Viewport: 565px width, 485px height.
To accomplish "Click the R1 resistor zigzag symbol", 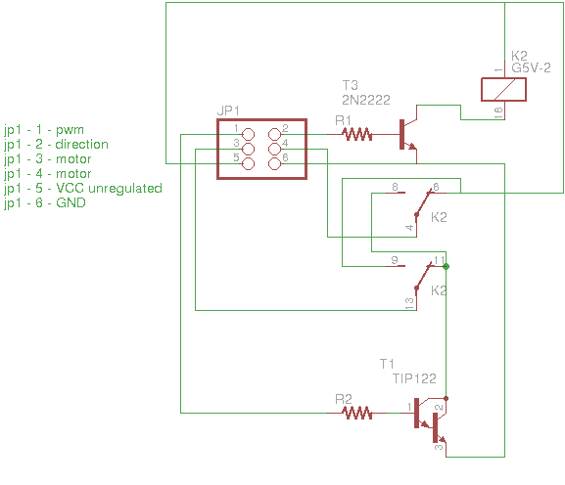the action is coord(356,135).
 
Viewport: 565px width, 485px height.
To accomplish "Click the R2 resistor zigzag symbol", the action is coord(356,413).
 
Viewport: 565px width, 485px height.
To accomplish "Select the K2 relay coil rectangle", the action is coord(503,89).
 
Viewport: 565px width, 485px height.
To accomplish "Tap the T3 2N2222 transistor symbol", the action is coord(408,134).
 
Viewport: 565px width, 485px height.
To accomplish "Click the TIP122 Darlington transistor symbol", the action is coord(431,421).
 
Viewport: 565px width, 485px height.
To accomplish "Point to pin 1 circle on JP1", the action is coord(248,135).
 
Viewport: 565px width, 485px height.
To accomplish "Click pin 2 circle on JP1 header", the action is coord(274,135).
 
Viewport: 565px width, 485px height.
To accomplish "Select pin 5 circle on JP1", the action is coord(248,163).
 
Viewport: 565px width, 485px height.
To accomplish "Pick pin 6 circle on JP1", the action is coord(274,163).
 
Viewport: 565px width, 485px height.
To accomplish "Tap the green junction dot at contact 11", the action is coord(447,266).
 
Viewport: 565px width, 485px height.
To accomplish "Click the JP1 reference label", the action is coord(228,110).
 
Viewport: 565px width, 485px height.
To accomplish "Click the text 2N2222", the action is coord(366,100).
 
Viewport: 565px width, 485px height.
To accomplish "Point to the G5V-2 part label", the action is coord(531,67).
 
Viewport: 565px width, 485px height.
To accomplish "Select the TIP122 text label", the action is coord(414,378).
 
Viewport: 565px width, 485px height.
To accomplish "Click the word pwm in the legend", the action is coord(70,130).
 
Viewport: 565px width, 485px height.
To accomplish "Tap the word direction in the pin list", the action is coord(82,145).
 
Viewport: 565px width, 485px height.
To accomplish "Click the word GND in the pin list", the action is coord(71,203).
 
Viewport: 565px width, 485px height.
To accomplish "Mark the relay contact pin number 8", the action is coord(395,187).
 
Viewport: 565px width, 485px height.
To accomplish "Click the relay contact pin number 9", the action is coord(395,260).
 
